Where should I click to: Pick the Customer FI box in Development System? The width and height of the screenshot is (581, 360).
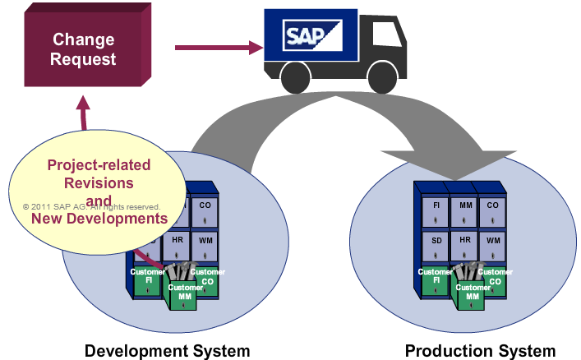(148, 279)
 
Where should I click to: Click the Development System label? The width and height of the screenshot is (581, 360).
(167, 351)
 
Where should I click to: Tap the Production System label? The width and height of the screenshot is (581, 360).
(480, 351)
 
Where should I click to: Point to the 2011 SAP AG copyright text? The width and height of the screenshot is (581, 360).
(90, 207)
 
